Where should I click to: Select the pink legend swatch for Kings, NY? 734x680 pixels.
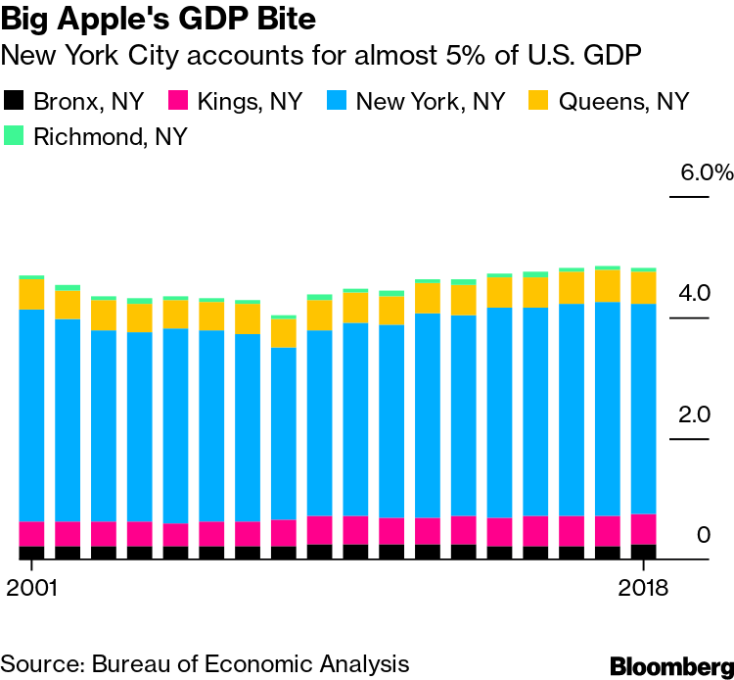click(x=178, y=100)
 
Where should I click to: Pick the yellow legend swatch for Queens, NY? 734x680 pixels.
click(x=538, y=100)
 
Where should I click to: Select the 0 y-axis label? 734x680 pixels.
click(x=703, y=535)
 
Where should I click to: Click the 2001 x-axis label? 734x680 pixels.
click(x=31, y=589)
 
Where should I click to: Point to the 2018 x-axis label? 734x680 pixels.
click(x=643, y=589)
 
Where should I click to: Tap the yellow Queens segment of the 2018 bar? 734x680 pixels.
click(x=643, y=287)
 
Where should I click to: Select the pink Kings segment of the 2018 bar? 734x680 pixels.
click(x=643, y=529)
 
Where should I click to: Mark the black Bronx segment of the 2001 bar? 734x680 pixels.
click(x=31, y=553)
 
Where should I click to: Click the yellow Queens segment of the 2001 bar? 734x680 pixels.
click(x=31, y=294)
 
